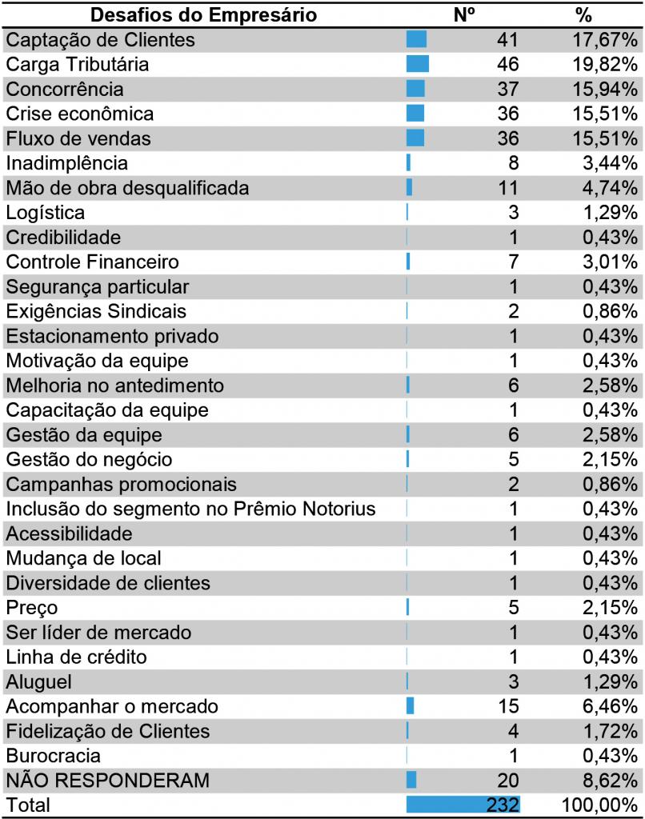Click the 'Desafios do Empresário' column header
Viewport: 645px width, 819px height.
[203, 15]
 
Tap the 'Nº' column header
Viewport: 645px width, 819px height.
[465, 15]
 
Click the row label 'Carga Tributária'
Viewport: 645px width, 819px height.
[78, 64]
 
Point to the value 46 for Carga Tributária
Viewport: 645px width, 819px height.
[507, 64]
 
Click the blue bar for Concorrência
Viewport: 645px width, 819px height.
[415, 89]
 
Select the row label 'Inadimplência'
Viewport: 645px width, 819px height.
[67, 163]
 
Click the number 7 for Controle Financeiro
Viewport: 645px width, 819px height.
[513, 262]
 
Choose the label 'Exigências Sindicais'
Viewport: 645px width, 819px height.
[96, 311]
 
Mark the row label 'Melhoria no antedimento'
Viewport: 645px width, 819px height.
[115, 386]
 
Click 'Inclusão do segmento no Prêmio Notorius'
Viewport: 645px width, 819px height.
[191, 509]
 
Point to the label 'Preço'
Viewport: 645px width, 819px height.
[32, 608]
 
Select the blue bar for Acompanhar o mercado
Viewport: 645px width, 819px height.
[411, 706]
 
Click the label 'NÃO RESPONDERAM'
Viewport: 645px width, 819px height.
[107, 780]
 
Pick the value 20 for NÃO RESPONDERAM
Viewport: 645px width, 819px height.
[507, 780]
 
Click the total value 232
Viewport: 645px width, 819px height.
[503, 805]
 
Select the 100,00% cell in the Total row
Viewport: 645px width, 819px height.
[600, 805]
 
